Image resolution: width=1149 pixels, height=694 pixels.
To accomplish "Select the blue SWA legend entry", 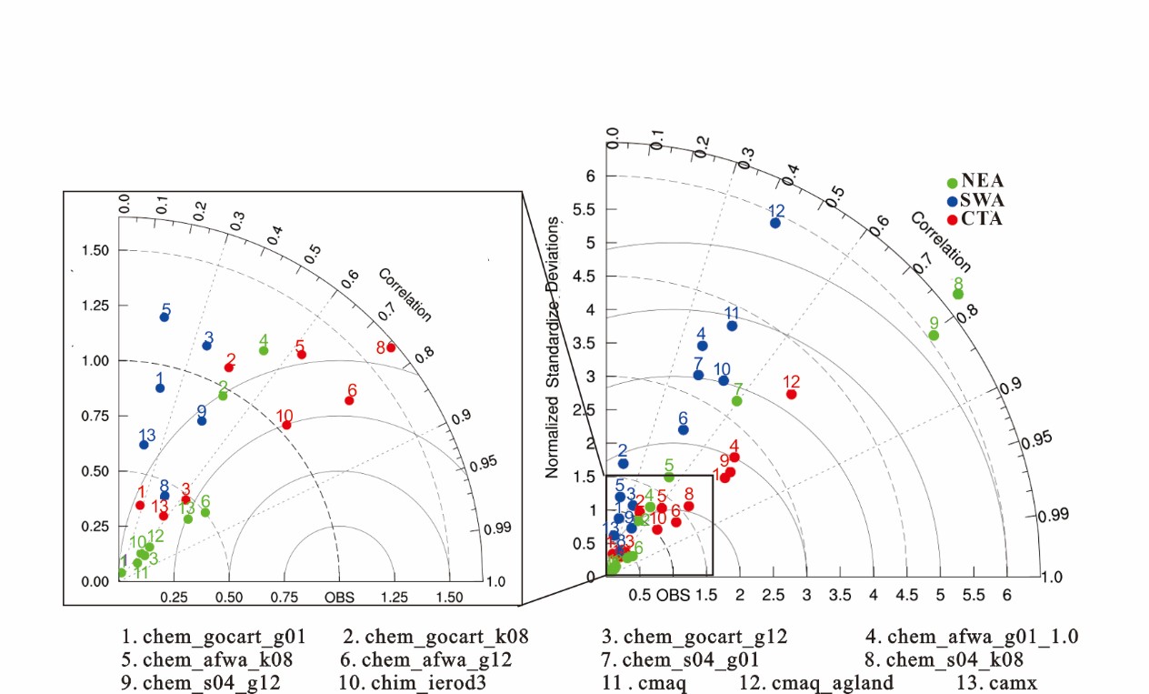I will [x=975, y=200].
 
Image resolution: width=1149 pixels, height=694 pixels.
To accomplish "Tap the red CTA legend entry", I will [x=975, y=218].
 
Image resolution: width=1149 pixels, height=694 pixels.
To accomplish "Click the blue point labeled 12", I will [x=775, y=223].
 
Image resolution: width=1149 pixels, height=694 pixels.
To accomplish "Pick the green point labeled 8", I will [x=957, y=294].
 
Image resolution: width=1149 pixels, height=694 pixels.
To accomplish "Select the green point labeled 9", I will [x=934, y=336].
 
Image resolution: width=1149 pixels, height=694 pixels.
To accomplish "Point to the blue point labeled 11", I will [x=732, y=326].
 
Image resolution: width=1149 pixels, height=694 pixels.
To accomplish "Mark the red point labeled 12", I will [x=791, y=394].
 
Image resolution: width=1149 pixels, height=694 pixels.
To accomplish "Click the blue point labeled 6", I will [x=684, y=429].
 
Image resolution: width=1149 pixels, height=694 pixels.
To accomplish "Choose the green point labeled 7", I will [x=737, y=401].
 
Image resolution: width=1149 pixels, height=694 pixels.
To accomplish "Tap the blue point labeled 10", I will [x=724, y=380].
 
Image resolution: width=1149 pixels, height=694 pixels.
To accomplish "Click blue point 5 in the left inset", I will [x=165, y=317].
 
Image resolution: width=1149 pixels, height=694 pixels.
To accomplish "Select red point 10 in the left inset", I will [x=286, y=425].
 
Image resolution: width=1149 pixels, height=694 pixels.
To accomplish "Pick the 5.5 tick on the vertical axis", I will [x=585, y=209].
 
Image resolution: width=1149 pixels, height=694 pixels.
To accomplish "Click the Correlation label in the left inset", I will [x=405, y=295].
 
